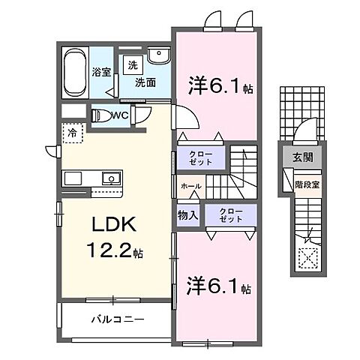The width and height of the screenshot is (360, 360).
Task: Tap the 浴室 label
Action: tap(101, 73)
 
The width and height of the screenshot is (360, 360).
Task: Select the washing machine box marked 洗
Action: tap(132, 64)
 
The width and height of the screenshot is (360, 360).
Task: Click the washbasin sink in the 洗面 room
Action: tap(158, 56)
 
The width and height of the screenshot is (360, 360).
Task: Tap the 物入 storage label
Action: tap(187, 215)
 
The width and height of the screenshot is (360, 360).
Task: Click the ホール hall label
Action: tap(190, 184)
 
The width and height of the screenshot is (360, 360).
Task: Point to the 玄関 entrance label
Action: tap(299, 157)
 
